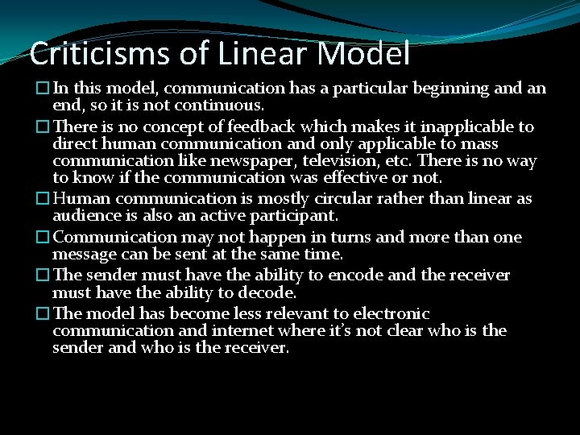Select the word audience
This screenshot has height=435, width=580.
pos(85,216)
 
